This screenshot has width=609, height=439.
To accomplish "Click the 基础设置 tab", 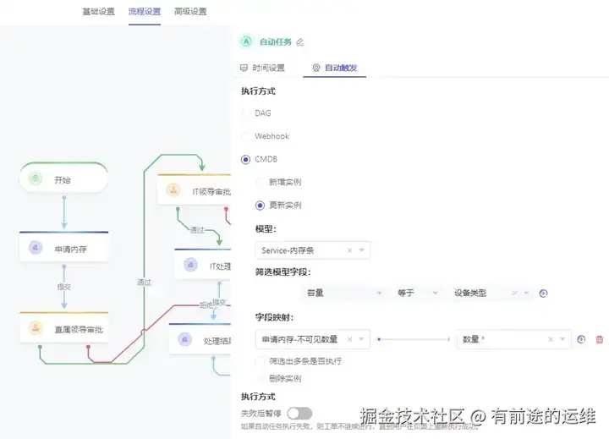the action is pyautogui.click(x=99, y=12).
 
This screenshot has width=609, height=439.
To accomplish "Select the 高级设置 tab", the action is pyautogui.click(x=190, y=12).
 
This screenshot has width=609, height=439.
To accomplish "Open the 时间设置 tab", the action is pyautogui.click(x=263, y=68).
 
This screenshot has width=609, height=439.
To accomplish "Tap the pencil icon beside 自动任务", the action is pyautogui.click(x=300, y=41).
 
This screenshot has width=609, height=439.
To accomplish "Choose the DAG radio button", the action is pyautogui.click(x=246, y=112).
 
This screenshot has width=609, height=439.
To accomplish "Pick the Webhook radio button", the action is pyautogui.click(x=246, y=135).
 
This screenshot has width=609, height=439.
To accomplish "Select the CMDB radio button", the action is pyautogui.click(x=246, y=158).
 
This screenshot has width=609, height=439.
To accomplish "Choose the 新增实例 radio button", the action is pyautogui.click(x=261, y=182).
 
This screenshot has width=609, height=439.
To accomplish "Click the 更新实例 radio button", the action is pyautogui.click(x=261, y=205).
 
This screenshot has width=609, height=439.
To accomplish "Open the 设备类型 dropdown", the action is pyautogui.click(x=491, y=293).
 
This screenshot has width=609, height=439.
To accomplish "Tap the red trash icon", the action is pyautogui.click(x=600, y=339).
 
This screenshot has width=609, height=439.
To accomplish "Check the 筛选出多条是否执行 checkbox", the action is pyautogui.click(x=261, y=361).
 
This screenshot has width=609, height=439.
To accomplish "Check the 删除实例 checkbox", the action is pyautogui.click(x=261, y=378).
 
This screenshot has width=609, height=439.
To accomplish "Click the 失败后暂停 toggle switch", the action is pyautogui.click(x=299, y=413).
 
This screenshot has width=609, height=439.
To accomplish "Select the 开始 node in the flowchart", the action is pyautogui.click(x=63, y=179).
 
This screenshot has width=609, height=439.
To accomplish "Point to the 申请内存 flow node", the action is pyautogui.click(x=64, y=249).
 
